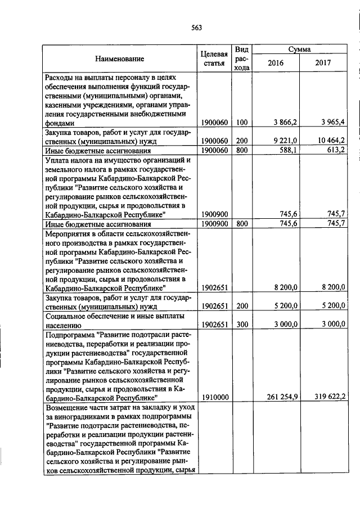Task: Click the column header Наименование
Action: pos(119,58)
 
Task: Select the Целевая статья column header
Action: pos(214,58)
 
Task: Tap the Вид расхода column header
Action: pos(242,58)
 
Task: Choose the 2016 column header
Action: pos(276,63)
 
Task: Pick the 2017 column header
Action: pos(325,63)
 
